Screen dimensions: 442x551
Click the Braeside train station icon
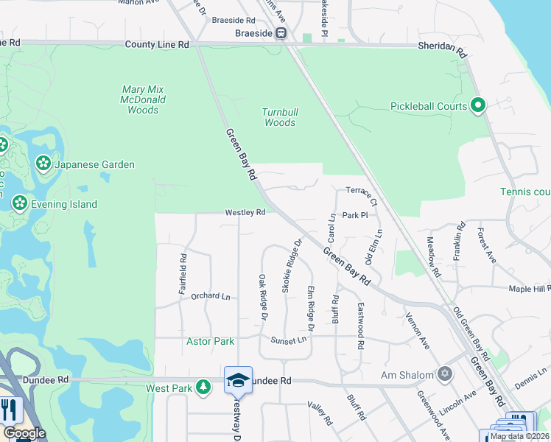tap(281, 33)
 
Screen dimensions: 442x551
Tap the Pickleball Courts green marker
tap(478, 107)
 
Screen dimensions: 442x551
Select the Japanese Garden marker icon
tap(43, 164)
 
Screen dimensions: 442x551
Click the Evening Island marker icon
tap(18, 203)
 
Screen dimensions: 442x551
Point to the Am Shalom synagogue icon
tap(444, 374)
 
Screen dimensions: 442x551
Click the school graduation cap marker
tap(238, 379)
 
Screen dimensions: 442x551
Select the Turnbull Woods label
tap(280, 117)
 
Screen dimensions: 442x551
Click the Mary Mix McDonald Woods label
tap(143, 99)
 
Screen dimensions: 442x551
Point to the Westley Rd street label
tap(245, 212)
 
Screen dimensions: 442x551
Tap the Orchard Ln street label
tap(211, 295)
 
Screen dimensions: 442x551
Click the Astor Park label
tap(210, 341)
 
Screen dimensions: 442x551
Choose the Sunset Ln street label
tap(287, 340)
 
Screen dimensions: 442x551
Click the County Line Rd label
tap(157, 45)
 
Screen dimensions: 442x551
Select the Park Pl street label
tap(354, 215)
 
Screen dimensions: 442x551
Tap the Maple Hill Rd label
tap(530, 289)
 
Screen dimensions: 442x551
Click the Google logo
tap(24, 433)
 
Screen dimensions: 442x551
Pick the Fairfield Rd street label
tap(183, 275)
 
